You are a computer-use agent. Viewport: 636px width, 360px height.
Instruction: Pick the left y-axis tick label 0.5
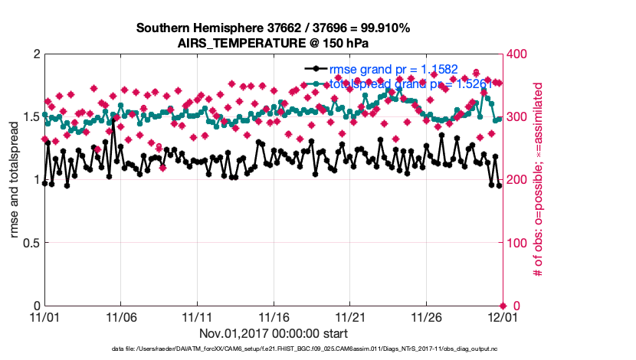tap(31, 243)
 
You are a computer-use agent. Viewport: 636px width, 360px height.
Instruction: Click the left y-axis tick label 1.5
tap(31, 116)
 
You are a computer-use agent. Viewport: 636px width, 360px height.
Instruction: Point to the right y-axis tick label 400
tap(520, 54)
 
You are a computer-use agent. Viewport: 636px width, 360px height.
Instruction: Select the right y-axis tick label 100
tap(520, 243)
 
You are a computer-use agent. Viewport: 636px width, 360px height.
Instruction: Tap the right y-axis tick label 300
tap(520, 117)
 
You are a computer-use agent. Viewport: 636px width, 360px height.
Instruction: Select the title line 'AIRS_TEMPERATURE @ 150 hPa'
tap(273, 43)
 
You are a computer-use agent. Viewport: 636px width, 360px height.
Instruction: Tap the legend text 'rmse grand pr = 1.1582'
tap(393, 70)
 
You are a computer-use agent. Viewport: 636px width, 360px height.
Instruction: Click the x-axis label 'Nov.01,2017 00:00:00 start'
tap(274, 333)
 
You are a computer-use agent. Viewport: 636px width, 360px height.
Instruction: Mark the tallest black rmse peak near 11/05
tap(113, 122)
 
